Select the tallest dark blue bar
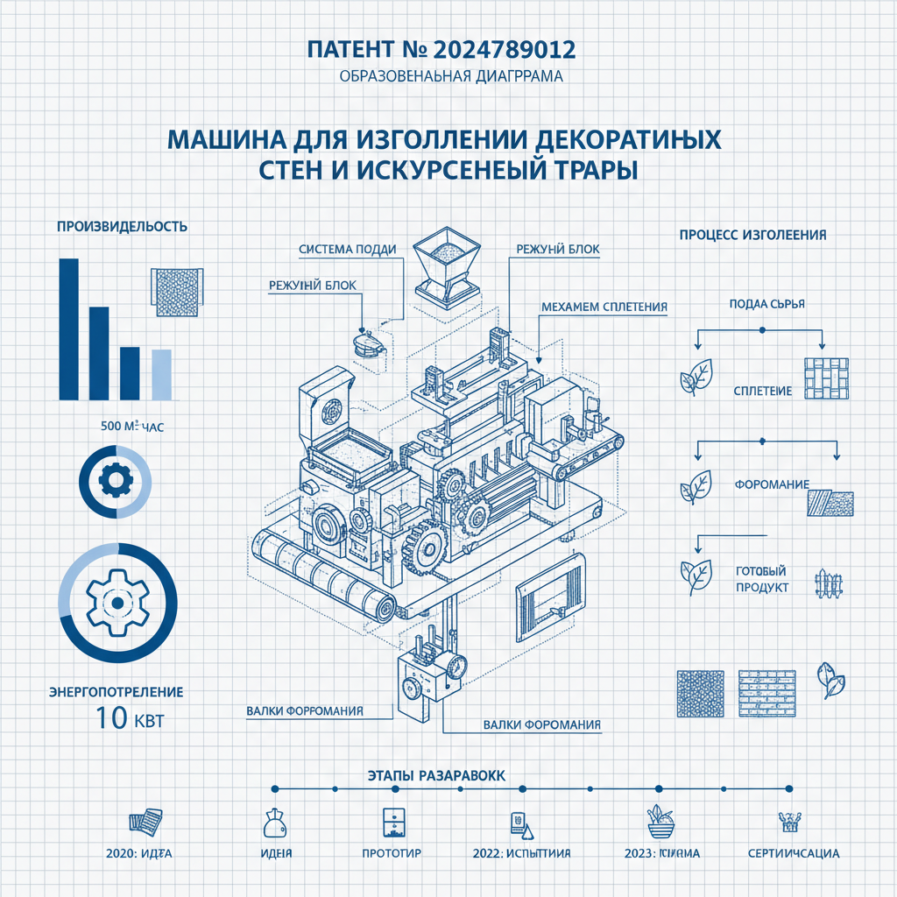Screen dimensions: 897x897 pos(68,328)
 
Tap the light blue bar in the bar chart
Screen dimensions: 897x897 pos(162,373)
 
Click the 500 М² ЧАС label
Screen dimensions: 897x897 pos(132,427)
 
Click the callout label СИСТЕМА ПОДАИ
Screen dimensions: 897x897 pos(347,249)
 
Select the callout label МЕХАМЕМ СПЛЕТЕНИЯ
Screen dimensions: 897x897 pos(604,307)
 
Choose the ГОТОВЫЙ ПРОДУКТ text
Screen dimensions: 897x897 pos(759,578)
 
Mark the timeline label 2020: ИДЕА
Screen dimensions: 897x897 pos(138,852)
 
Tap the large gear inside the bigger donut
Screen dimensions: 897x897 pos(117,603)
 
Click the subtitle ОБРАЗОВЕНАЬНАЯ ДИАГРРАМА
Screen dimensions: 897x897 pos(448,76)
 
